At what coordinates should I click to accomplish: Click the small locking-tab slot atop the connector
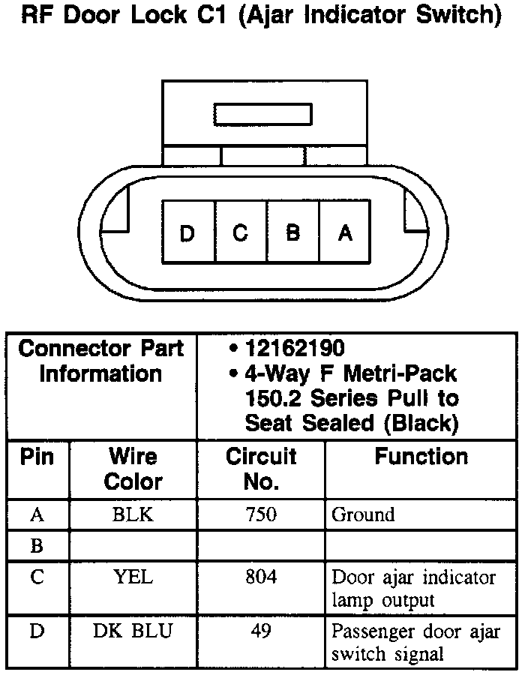point(262,114)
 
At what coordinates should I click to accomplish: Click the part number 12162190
point(295,348)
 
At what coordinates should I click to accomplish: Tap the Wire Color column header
point(133,468)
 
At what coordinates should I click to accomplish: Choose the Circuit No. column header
point(261,468)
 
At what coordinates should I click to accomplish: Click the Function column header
point(421,456)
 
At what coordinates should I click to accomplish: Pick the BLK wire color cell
point(133,514)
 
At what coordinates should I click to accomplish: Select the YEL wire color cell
point(133,577)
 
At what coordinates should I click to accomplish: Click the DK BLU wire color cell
point(133,631)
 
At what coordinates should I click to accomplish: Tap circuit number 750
point(261,514)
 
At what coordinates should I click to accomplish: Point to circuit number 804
point(261,577)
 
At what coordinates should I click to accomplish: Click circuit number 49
point(261,631)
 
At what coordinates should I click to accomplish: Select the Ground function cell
point(363,514)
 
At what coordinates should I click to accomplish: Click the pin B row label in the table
point(37,545)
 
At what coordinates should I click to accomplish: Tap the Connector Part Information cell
point(101,361)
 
